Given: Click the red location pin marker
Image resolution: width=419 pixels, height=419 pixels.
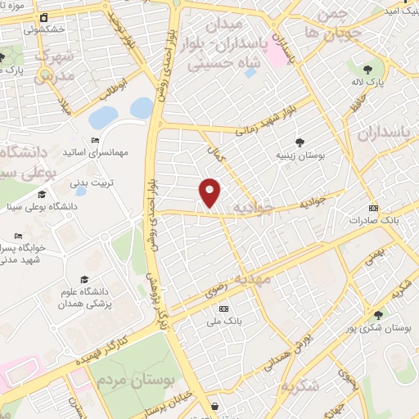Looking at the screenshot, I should pyautogui.click(x=210, y=191).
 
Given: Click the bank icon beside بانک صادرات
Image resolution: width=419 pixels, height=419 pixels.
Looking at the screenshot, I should pyautogui.click(x=374, y=208).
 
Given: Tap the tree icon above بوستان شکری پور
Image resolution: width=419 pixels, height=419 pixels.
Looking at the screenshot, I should pyautogui.click(x=378, y=315).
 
